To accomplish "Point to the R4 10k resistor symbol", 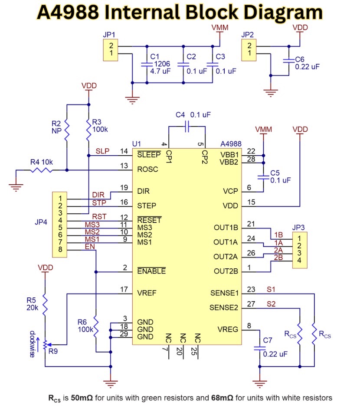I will pyautogui.click(x=41, y=170).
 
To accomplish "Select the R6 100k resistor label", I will pyautogui.click(x=85, y=326).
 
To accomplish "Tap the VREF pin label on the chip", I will pyautogui.click(x=147, y=293).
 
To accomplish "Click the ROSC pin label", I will pyautogui.click(x=147, y=170).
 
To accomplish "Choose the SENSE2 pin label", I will pyautogui.click(x=224, y=308).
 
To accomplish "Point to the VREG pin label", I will pyautogui.click(x=228, y=329).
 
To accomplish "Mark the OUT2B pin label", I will pyautogui.click(x=226, y=272).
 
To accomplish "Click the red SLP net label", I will pyautogui.click(x=102, y=151).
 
